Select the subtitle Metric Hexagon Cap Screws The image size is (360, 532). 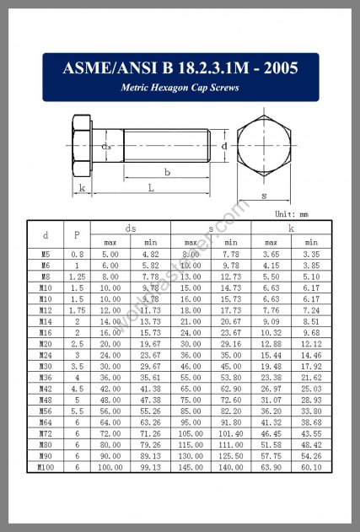pyautogui.click(x=180, y=88)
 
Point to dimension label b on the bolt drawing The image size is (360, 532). pyautogui.click(x=167, y=172)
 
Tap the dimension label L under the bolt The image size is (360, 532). pyautogui.click(x=151, y=187)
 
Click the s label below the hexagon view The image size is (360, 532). pyautogui.click(x=264, y=196)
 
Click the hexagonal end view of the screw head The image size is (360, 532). pyautogui.click(x=264, y=147)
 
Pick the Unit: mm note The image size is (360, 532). pyautogui.click(x=292, y=214)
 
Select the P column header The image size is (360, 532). pyautogui.click(x=77, y=235)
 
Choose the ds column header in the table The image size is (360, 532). pyautogui.click(x=131, y=228)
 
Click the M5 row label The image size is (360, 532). pyautogui.click(x=46, y=253)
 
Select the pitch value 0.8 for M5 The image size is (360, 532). pyautogui.click(x=77, y=253)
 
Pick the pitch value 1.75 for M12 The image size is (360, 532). pyautogui.click(x=77, y=309)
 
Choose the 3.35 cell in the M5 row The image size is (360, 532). pyautogui.click(x=312, y=253)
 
